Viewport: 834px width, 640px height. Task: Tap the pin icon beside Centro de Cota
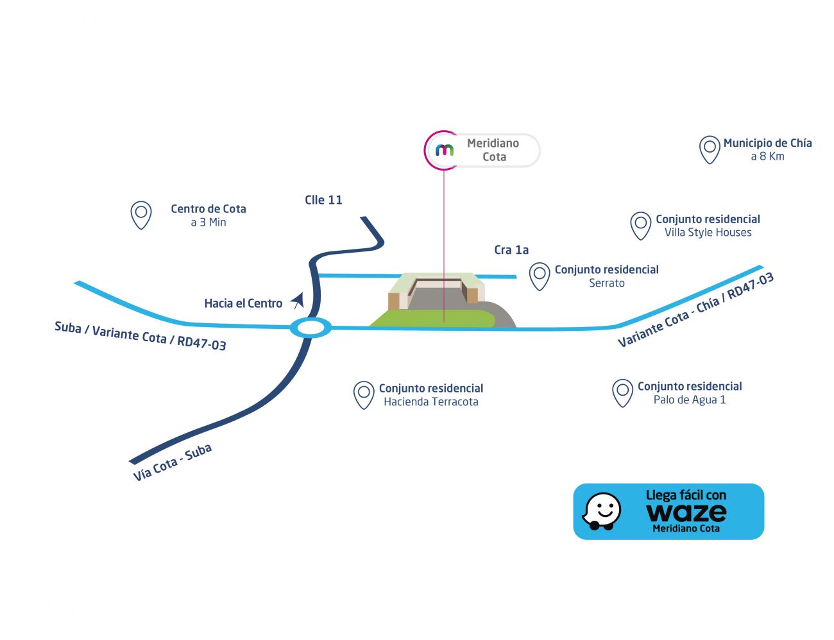[141, 215]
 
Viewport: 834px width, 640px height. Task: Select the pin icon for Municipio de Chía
[710, 150]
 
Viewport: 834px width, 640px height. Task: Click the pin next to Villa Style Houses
[640, 226]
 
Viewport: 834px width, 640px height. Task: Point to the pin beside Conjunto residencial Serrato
[540, 276]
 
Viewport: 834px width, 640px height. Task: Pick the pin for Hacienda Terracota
[364, 395]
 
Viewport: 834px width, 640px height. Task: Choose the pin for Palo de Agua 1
[622, 394]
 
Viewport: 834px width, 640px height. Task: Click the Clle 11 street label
[323, 200]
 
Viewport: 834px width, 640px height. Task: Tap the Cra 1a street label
[511, 250]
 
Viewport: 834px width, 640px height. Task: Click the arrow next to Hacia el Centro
[297, 301]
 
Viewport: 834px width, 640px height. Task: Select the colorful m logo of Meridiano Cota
[445, 150]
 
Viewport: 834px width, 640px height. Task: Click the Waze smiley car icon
[601, 511]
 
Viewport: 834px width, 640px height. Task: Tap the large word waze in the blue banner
[686, 512]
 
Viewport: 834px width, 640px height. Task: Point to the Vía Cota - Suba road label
[173, 462]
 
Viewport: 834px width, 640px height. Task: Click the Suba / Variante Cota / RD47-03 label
[140, 336]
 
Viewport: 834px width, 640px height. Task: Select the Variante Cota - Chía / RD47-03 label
[695, 310]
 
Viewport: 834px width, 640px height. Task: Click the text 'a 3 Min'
[208, 223]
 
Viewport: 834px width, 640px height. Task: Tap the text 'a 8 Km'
[767, 156]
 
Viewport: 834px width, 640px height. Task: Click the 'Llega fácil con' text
[686, 495]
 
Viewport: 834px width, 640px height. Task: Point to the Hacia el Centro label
[243, 303]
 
